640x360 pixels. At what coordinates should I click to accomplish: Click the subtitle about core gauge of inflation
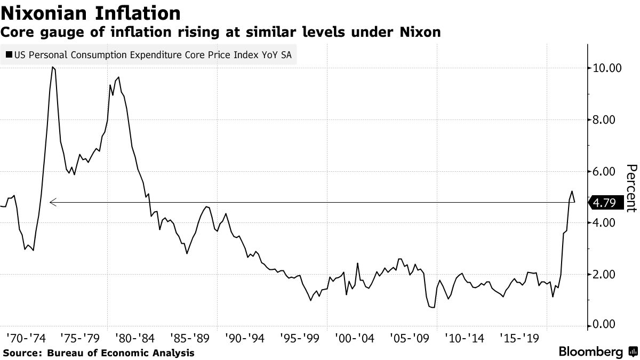tap(221, 32)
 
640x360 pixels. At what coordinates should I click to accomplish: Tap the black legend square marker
tap(9, 54)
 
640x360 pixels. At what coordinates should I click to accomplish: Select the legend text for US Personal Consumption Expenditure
tap(153, 54)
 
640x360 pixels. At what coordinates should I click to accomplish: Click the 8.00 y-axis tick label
tap(608, 120)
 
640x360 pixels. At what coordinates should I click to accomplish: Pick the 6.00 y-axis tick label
tap(608, 172)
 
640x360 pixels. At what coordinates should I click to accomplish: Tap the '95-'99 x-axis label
tap(298, 338)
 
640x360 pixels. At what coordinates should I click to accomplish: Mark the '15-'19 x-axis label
tap(517, 338)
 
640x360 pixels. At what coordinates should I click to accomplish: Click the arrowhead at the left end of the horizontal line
tap(51, 202)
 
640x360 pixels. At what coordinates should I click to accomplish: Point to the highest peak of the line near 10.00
tap(52, 67)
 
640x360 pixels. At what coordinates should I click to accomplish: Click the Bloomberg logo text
tap(590, 352)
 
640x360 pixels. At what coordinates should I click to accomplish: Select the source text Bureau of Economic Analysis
tap(121, 353)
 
